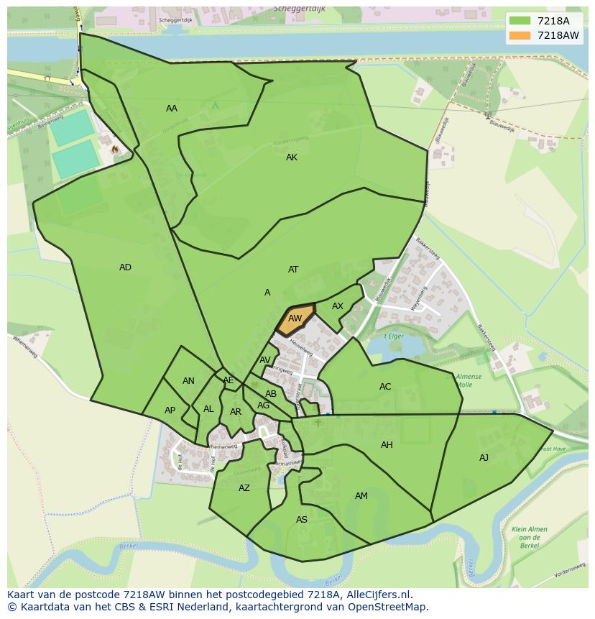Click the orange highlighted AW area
pos(295,318)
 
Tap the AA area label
pos(172,109)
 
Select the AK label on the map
pos(292,157)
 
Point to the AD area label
pos(125,267)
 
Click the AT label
pos(293,270)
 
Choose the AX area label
pos(338,306)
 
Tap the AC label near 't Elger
pos(385,387)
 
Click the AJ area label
pos(484,458)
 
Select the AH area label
pos(387,445)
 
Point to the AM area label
pos(361,496)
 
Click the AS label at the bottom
pos(302,520)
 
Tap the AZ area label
pos(244,488)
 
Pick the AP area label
pos(170,411)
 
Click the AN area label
pos(188,381)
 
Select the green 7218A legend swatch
pos(520,22)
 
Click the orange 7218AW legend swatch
pos(520,35)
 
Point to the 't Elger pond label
pos(393,336)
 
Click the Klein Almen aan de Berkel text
pos(530,533)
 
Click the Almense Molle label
pos(469,380)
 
